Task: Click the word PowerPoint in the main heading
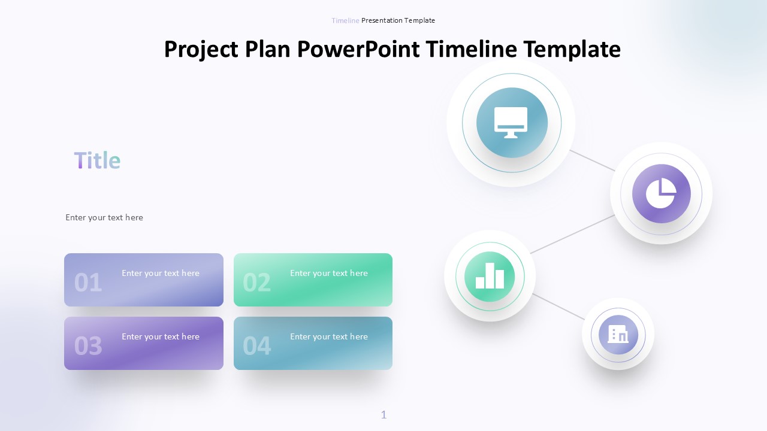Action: (358, 49)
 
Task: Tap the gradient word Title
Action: (97, 160)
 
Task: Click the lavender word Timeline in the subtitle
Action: (345, 20)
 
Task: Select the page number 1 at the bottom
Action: (384, 415)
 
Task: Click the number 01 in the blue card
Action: (88, 283)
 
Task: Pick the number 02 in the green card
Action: (256, 283)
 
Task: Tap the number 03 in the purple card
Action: (88, 345)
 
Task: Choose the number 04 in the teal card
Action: (256, 345)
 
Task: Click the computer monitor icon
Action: (511, 123)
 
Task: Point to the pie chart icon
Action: (661, 193)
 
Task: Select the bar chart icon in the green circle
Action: (490, 276)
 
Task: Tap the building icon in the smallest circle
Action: (618, 334)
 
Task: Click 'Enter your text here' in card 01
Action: (161, 274)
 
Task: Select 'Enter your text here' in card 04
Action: (329, 336)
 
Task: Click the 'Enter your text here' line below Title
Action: (104, 217)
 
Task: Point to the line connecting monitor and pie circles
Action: (592, 160)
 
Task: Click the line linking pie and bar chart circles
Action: (572, 234)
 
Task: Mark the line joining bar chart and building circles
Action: (558, 307)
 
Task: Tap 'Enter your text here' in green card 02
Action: (329, 274)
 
